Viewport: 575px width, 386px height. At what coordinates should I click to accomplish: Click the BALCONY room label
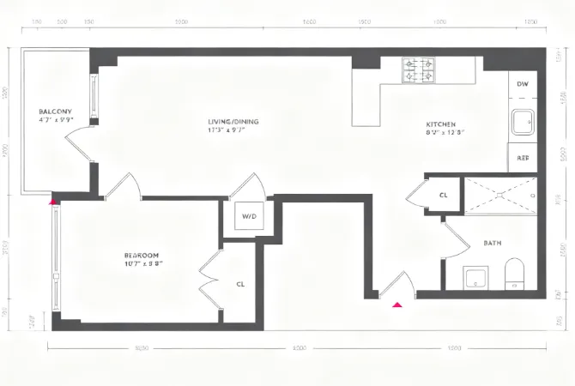tap(54, 112)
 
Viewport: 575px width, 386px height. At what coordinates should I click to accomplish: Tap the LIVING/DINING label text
tap(233, 121)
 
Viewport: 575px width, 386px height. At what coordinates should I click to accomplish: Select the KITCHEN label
tap(440, 124)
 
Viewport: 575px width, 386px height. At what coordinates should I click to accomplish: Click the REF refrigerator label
tap(522, 158)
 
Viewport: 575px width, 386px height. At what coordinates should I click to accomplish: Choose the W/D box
tap(250, 215)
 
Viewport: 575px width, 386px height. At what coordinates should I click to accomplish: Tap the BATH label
tap(493, 243)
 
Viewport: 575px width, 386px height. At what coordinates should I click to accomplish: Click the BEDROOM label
tap(141, 256)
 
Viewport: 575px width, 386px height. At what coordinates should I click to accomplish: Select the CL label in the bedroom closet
tap(240, 283)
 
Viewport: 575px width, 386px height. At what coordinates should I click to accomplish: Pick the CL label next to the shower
tap(443, 196)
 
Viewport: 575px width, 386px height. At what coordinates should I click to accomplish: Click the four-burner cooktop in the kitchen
tap(420, 69)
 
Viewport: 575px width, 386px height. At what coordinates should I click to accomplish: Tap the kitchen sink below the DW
tap(522, 124)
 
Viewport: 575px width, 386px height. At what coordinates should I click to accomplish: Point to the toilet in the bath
tap(515, 274)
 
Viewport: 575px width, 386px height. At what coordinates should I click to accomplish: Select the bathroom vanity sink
tap(475, 277)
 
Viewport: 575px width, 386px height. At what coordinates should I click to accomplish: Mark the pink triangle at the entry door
tap(397, 304)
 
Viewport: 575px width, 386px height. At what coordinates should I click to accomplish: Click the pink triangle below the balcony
tap(53, 202)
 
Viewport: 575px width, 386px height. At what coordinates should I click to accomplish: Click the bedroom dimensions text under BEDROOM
tap(141, 265)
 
